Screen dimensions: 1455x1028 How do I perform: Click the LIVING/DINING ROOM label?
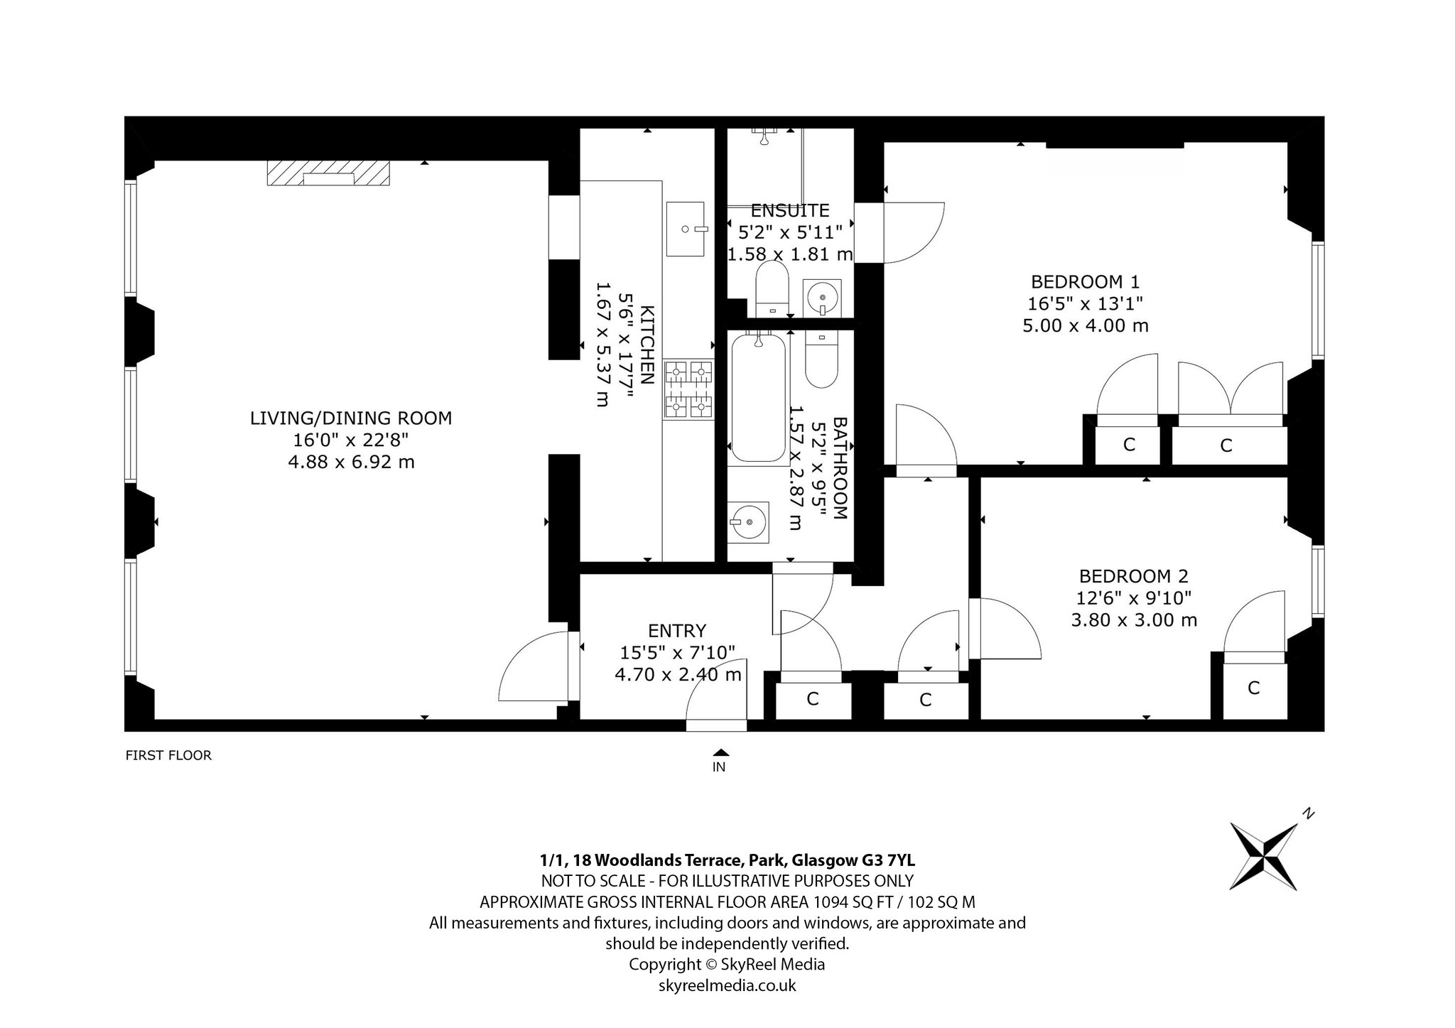point(351,418)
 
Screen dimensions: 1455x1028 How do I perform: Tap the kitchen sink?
point(686,229)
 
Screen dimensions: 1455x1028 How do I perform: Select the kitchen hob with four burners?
point(688,389)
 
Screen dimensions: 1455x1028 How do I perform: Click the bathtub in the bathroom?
point(759,398)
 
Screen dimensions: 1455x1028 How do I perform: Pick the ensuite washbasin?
point(823,298)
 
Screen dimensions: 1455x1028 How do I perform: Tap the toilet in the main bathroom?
point(821,359)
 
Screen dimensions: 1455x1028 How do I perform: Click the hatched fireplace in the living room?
point(328,173)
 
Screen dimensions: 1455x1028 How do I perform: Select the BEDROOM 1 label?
point(1085,281)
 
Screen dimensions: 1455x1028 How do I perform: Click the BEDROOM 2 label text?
point(1133,576)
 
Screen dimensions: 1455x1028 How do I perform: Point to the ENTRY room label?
point(677,631)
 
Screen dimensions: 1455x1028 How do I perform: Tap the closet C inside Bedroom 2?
point(1255,688)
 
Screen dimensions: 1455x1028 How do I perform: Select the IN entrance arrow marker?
point(720,753)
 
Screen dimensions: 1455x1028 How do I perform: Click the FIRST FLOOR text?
point(168,755)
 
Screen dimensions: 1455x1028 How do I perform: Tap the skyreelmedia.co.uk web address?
point(727,985)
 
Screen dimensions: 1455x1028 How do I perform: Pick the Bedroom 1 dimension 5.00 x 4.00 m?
point(1086,325)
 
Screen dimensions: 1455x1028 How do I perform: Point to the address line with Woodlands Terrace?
point(727,860)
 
